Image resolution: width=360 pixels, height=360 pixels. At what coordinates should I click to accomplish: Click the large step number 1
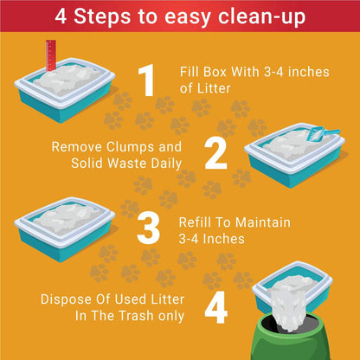point(147,80)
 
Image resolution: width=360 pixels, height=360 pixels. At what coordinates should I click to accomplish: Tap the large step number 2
point(215,154)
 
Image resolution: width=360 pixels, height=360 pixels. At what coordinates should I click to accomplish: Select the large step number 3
point(148,228)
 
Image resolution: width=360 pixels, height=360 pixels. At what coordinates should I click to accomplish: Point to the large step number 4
point(216,307)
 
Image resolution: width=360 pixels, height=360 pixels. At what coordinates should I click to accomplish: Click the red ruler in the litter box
point(51,55)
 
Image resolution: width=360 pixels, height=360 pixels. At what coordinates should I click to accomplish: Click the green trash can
point(291,337)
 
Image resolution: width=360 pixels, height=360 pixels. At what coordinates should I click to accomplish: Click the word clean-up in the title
point(261,17)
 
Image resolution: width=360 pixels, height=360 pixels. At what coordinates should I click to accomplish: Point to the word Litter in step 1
point(213,88)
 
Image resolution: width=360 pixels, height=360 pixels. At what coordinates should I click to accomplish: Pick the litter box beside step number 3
point(65,228)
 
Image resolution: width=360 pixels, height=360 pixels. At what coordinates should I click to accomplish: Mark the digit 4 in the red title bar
point(61,16)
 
